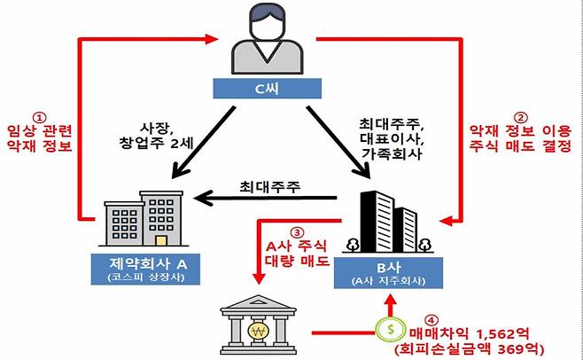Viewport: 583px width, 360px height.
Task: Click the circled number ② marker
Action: pyautogui.click(x=520, y=116)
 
